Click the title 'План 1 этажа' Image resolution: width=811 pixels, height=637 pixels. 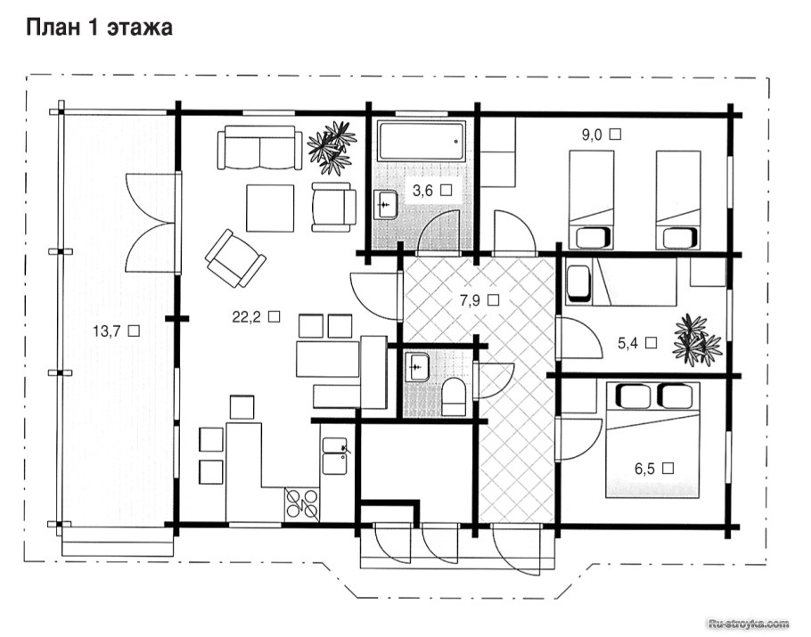pyautogui.click(x=99, y=28)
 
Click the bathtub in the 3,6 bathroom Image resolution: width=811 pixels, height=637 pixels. pyautogui.click(x=421, y=141)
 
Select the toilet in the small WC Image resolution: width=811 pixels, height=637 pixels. pyautogui.click(x=454, y=396)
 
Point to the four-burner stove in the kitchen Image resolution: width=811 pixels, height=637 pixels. pyautogui.click(x=301, y=503)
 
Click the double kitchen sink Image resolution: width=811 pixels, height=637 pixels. pyautogui.click(x=334, y=456)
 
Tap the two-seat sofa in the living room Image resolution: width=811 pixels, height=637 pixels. pyautogui.click(x=259, y=147)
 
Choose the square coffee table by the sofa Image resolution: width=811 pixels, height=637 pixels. pyautogui.click(x=270, y=208)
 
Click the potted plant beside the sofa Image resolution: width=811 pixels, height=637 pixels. pyautogui.click(x=331, y=147)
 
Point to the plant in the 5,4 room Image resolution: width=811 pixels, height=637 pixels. pyautogui.click(x=696, y=340)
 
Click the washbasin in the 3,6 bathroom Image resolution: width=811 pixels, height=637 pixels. pyautogui.click(x=385, y=205)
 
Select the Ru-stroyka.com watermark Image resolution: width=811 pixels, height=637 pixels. pyautogui.click(x=750, y=623)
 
